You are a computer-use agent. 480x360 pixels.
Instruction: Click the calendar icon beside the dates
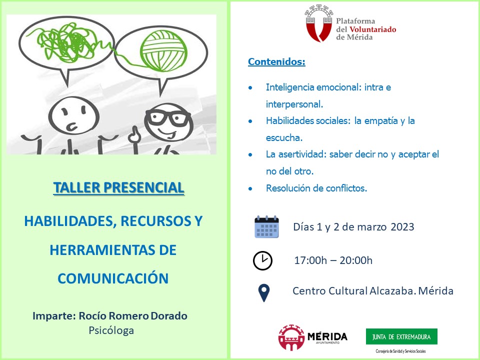266,227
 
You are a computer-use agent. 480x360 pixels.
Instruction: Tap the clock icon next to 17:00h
262,261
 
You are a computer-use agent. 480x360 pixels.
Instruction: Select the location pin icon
264,293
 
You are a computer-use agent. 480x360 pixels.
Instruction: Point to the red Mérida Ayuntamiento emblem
291,337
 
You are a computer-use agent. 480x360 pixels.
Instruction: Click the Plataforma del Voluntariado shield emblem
319,23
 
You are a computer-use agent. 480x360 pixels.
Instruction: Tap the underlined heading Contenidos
276,61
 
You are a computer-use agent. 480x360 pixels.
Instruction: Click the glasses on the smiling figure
167,116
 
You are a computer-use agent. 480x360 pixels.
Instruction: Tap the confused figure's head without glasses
74,115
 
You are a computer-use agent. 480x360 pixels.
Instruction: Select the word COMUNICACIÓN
113,278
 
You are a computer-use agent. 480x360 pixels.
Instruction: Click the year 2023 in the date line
402,227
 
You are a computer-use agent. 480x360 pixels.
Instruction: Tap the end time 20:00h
356,260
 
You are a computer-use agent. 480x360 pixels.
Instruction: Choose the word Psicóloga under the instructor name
111,331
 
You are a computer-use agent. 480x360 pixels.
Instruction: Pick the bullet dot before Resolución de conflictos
250,188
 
